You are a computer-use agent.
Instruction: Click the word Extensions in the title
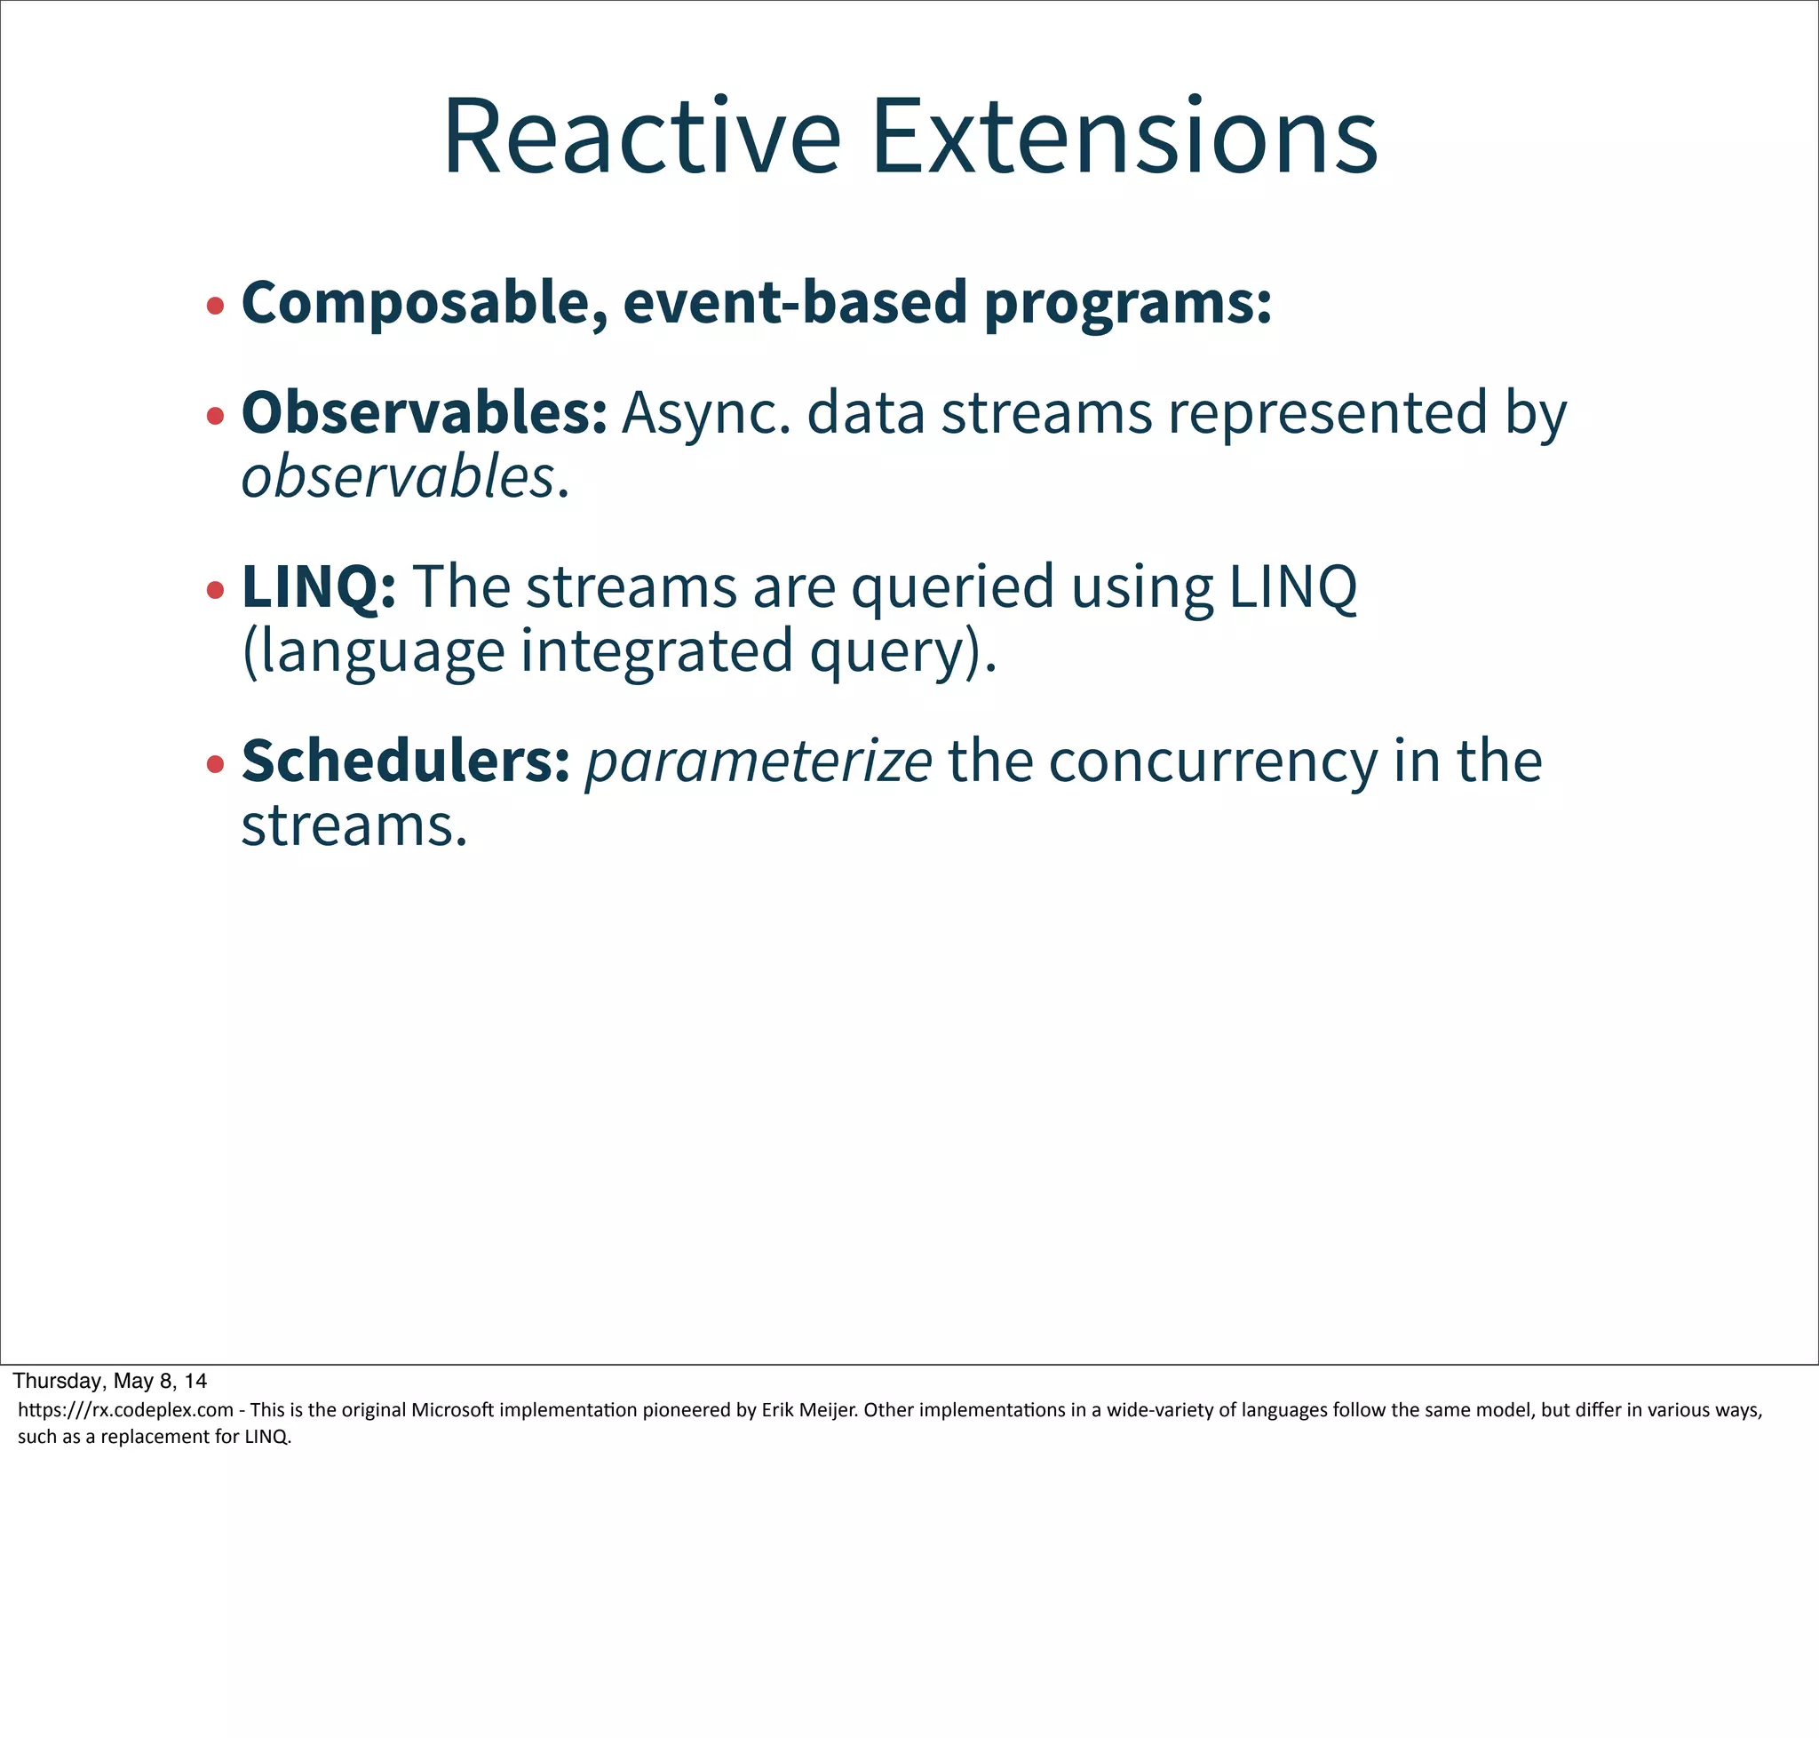[x=1124, y=136]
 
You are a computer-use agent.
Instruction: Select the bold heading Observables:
[x=425, y=412]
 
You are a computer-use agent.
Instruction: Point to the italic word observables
[x=398, y=477]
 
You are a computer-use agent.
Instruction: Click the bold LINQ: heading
[x=319, y=586]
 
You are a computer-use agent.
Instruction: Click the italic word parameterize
[x=758, y=762]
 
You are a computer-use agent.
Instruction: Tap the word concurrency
[x=1212, y=762]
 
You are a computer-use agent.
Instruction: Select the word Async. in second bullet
[x=707, y=414]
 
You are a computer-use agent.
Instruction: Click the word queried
[x=952, y=588]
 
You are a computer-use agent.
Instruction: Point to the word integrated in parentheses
[x=655, y=651]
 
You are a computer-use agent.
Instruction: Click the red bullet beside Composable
[x=215, y=306]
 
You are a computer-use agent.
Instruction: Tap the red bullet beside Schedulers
[x=215, y=764]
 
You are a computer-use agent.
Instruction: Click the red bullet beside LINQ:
[x=215, y=590]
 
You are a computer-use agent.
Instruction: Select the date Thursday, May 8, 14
[x=109, y=1381]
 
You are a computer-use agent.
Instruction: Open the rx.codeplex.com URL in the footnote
[x=125, y=1410]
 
